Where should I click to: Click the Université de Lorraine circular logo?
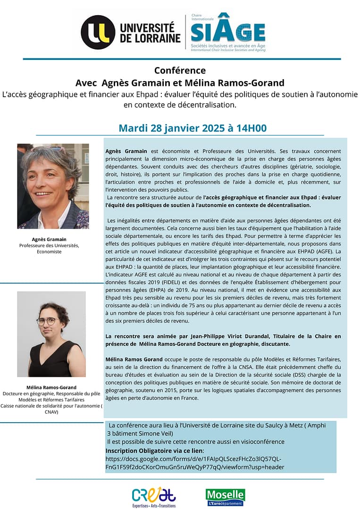[x=98, y=32]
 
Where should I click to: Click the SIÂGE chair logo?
[x=228, y=32]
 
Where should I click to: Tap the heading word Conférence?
[x=180, y=70]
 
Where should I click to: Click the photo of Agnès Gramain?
[x=53, y=186]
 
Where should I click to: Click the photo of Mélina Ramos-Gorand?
[x=51, y=334]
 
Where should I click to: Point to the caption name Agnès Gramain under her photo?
[x=49, y=239]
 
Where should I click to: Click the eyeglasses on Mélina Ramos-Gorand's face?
[x=46, y=321]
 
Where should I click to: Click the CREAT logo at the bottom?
[x=154, y=496]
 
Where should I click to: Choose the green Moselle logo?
[x=225, y=497]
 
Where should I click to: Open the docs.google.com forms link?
[x=194, y=463]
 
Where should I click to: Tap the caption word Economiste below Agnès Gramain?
[x=49, y=251]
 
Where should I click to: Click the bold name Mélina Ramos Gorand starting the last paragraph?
[x=134, y=359]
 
